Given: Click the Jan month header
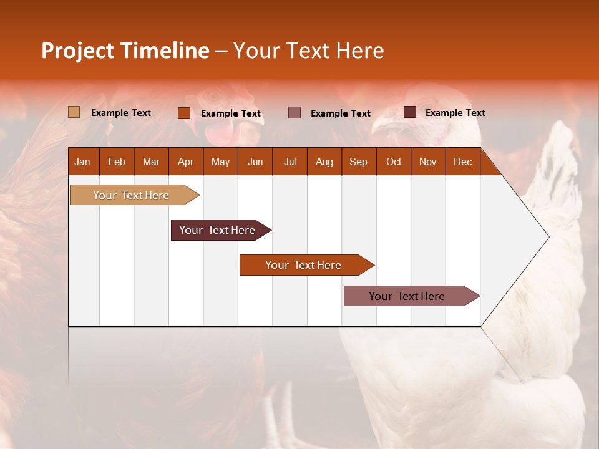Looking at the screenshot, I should point(83,162).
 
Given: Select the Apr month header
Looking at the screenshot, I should point(186,162).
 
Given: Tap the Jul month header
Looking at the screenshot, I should point(290,162).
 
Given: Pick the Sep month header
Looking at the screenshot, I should point(359,162).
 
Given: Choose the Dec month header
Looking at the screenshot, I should point(462,162).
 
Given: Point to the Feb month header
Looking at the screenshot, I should point(117,162).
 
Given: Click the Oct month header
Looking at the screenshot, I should point(394,162).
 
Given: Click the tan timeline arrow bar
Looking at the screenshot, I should point(132,195).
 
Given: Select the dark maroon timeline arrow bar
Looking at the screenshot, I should point(218,230).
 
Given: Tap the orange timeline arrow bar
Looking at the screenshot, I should point(304,265).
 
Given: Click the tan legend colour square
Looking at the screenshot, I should point(74,112).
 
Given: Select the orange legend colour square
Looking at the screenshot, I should point(183,113).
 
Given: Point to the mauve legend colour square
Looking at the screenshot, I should point(295,113).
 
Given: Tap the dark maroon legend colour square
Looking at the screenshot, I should point(409,112).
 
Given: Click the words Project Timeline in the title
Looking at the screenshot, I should point(125,51).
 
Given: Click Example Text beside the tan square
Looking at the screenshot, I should point(121,113).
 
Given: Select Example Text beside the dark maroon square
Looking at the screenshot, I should point(455,113).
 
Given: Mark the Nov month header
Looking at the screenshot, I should point(428,162).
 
